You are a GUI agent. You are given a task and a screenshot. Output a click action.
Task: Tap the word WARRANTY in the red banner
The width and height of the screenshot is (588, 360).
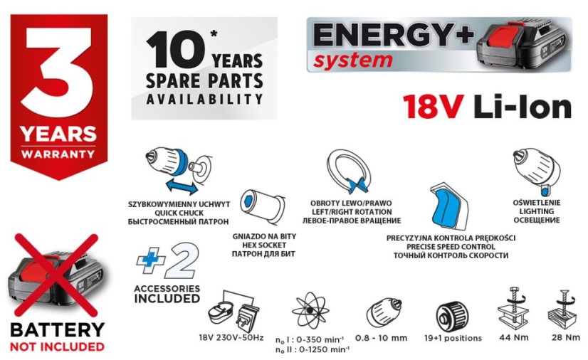[x=58, y=153]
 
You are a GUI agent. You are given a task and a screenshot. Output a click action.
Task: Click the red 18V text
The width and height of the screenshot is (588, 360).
[x=434, y=107]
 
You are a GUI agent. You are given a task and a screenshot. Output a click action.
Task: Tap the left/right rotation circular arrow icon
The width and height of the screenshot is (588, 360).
[x=349, y=171]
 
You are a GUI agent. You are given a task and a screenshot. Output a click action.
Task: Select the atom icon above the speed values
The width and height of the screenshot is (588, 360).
[x=310, y=310]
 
